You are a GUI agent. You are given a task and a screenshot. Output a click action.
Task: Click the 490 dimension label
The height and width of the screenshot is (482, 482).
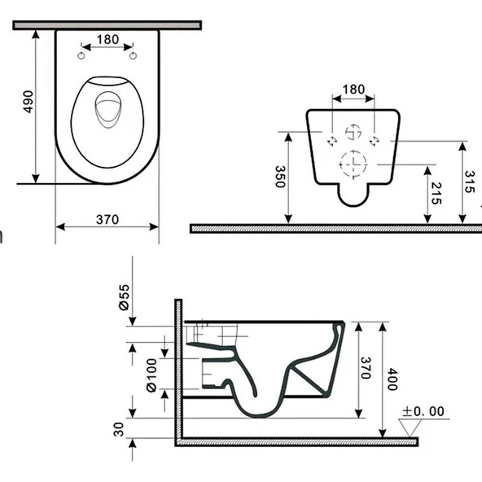[28, 102]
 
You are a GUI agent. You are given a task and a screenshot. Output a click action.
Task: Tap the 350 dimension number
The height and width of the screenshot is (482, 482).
[280, 177]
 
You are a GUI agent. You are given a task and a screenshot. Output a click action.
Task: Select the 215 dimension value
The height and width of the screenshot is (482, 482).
[436, 193]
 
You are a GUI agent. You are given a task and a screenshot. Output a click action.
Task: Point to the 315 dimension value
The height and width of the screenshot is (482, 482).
[470, 182]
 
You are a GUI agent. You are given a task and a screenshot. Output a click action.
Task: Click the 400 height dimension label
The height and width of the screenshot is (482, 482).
[392, 379]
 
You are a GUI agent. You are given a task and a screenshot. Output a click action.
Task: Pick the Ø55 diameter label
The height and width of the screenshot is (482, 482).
[125, 297]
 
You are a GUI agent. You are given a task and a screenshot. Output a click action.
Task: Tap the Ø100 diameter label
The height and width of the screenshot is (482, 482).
[151, 375]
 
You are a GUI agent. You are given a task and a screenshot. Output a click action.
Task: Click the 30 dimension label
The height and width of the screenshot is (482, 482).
[118, 429]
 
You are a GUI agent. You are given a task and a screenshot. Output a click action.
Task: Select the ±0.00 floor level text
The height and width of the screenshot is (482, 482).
[423, 411]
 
